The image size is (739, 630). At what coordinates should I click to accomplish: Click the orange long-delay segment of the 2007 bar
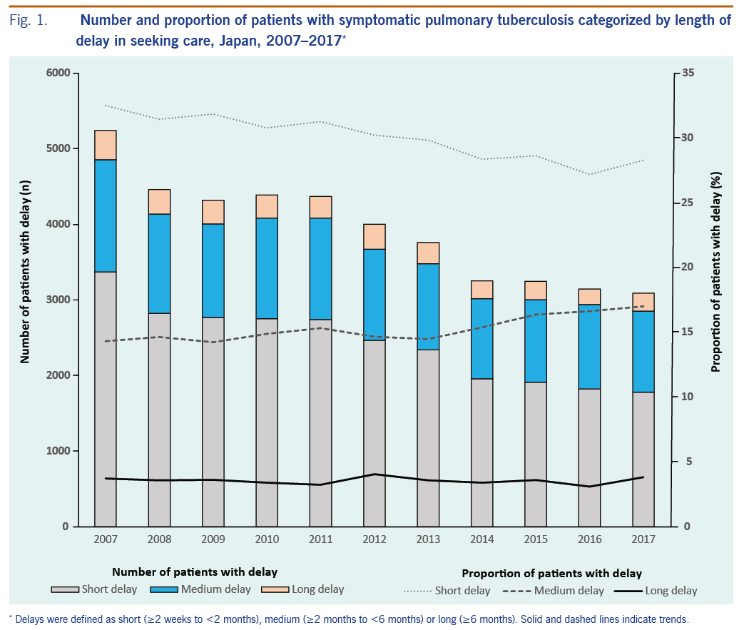(x=106, y=145)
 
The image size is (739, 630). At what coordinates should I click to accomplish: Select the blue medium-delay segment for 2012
(x=374, y=294)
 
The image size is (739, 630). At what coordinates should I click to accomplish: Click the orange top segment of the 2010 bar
(x=267, y=206)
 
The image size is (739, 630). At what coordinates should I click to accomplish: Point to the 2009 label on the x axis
(x=213, y=540)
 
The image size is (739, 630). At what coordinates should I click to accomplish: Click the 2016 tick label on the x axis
(x=589, y=540)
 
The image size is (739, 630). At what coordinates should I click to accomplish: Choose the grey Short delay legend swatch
(x=65, y=589)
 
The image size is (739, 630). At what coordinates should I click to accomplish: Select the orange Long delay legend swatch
(x=275, y=589)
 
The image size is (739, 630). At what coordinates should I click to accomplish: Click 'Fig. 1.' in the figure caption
(x=29, y=21)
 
